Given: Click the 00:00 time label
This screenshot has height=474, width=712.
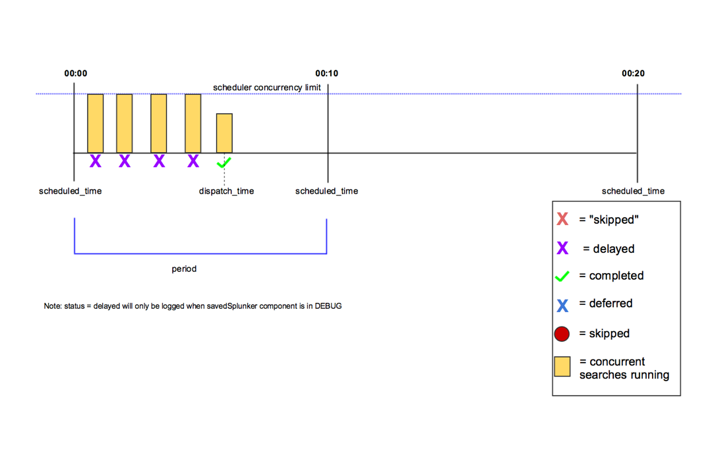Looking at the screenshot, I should point(75,73).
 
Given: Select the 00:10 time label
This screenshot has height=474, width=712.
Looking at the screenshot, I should point(326,73).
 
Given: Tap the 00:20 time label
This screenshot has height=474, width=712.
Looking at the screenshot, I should point(633,73).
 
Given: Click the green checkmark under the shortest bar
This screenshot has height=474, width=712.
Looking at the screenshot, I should point(224,161).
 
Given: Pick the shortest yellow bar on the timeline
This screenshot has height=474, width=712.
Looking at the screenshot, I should point(224,133).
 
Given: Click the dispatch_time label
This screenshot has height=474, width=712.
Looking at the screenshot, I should point(226,191).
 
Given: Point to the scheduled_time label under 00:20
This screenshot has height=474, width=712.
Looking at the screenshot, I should point(633,191).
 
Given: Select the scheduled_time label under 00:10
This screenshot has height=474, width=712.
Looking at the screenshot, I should point(326,191).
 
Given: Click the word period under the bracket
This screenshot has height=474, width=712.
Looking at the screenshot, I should point(184,269).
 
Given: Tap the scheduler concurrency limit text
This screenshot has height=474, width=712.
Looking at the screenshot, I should point(267,88).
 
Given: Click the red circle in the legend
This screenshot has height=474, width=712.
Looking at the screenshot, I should point(562,334).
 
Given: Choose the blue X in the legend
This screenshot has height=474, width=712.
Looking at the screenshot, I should point(562,304).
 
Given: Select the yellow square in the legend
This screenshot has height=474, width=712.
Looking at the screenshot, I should point(562,367).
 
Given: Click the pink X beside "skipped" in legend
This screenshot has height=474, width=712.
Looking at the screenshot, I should point(562,219).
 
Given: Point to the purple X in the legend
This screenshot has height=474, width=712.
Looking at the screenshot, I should point(562,248).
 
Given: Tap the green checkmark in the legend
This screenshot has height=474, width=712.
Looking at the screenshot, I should point(562,276).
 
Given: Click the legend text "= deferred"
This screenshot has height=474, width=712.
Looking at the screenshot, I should point(606,303).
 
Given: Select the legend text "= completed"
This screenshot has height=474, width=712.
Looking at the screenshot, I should point(611,276).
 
